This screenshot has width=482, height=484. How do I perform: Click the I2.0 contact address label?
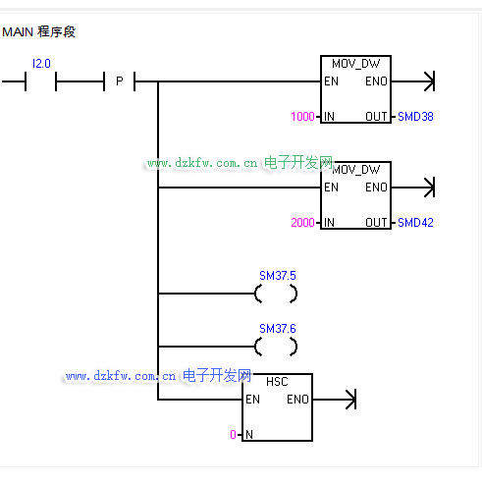41,64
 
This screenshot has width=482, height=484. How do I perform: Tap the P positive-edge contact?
120,81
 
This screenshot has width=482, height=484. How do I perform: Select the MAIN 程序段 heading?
38,31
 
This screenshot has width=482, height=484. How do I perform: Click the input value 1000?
302,117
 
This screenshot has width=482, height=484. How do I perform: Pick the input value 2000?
302,223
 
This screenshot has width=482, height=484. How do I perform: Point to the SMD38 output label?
415,117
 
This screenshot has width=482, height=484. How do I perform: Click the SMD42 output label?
415,223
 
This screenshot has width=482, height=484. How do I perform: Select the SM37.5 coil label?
278,276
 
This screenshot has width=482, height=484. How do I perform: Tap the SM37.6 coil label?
278,329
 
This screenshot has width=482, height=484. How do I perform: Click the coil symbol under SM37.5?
256,294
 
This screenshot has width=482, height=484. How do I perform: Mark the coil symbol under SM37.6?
256,347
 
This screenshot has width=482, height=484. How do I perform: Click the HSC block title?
277,382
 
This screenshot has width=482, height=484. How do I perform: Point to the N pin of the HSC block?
249,435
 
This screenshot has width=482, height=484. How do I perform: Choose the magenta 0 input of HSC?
233,435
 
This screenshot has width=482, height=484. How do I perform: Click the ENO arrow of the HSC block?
335,400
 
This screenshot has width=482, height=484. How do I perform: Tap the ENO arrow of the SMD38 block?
413,81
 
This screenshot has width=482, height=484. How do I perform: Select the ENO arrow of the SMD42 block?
413,188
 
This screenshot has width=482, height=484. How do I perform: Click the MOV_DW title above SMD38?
356,64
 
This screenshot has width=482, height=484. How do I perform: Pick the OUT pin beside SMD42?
376,223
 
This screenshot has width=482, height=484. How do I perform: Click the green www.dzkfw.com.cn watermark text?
202,163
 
